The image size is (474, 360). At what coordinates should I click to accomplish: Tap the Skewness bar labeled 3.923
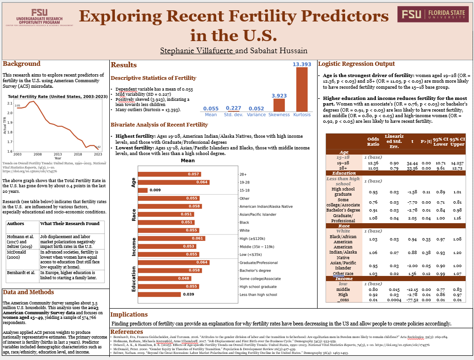click(x=280, y=105)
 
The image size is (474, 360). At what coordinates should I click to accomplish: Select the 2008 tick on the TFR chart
click(x=37, y=154)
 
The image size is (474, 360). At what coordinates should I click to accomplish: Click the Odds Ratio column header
click(x=373, y=141)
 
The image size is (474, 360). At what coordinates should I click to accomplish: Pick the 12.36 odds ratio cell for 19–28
click(x=373, y=162)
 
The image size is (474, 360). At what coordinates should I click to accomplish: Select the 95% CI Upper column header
click(x=458, y=141)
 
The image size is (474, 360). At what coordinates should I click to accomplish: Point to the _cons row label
click(x=343, y=299)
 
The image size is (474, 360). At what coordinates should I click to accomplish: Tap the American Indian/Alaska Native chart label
click(x=266, y=206)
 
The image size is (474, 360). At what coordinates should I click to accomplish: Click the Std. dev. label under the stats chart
click(x=233, y=114)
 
